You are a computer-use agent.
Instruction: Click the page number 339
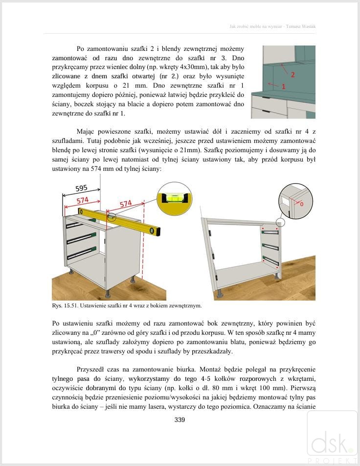[x=180, y=419]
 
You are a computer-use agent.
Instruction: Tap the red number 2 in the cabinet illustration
[x=292, y=75]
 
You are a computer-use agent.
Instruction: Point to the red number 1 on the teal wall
[x=283, y=86]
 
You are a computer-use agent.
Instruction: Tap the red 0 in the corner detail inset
[x=301, y=203]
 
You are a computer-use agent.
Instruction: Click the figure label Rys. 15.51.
[x=65, y=306]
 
